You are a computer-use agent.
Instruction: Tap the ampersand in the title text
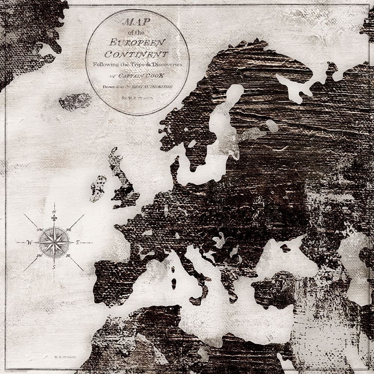click(x=148, y=64)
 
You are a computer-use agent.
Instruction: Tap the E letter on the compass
click(x=78, y=243)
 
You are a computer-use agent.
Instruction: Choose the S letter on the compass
click(x=54, y=267)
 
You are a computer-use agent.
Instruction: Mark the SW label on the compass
click(x=39, y=256)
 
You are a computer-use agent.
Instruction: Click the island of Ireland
click(x=98, y=187)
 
